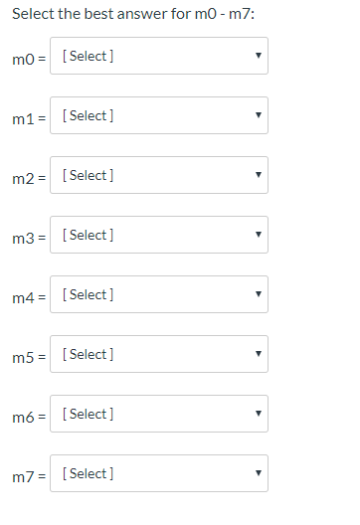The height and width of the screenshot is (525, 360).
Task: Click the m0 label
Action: point(27,57)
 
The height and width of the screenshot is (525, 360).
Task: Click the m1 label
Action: point(27,116)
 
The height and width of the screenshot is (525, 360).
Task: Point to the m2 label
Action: point(27,176)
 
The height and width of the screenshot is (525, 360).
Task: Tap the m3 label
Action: point(27,236)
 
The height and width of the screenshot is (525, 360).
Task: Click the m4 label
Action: point(27,295)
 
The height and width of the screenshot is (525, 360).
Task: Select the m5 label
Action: point(27,355)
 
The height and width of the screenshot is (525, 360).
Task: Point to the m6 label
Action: point(27,415)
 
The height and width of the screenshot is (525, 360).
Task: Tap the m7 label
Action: point(27,474)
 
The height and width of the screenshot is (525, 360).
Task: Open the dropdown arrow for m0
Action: point(258,57)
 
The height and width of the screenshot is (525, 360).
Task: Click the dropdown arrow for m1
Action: point(258,116)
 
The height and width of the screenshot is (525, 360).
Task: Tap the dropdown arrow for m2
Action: point(258,176)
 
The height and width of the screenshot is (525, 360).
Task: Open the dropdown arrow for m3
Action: point(258,236)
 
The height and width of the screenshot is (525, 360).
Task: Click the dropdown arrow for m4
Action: point(258,295)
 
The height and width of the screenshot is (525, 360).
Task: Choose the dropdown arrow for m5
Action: point(258,355)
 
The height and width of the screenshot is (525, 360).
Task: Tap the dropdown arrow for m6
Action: point(258,415)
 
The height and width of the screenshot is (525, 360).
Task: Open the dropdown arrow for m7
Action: point(258,474)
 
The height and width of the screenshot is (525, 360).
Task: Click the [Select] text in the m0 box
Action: point(87,57)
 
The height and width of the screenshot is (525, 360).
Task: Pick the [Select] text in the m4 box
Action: point(87,295)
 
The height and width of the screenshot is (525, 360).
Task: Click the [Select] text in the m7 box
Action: point(87,474)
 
